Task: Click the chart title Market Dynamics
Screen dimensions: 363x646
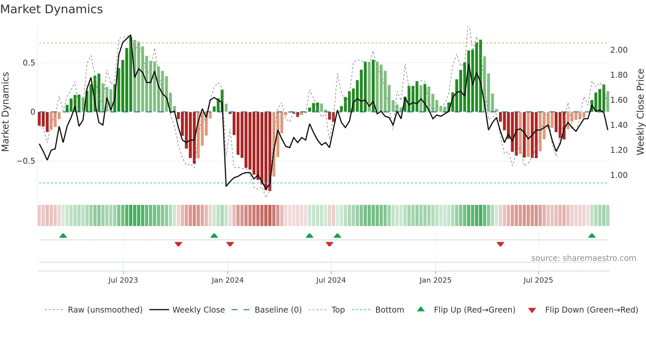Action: coord(51,9)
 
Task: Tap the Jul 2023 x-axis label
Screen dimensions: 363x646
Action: coord(123,280)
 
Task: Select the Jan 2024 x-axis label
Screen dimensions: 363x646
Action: coord(227,280)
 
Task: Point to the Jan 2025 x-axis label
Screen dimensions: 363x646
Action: coord(435,280)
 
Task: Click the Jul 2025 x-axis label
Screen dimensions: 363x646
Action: coord(538,280)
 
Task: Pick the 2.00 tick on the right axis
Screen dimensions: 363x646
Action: coord(619,50)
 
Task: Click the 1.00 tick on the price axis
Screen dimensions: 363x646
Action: coord(619,175)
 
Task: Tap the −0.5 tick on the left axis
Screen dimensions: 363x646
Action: coord(26,161)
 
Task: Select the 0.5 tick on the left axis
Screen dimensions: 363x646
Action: coord(29,63)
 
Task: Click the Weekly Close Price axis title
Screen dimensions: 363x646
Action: coord(640,112)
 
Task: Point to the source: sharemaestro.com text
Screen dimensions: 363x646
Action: coord(583,258)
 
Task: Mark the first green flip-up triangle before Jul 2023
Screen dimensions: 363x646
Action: coord(63,236)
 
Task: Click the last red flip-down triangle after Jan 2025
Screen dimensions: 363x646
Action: coord(500,244)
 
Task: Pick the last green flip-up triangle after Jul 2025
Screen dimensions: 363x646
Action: coord(592,236)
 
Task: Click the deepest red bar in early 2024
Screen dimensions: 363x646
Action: coord(270,152)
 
